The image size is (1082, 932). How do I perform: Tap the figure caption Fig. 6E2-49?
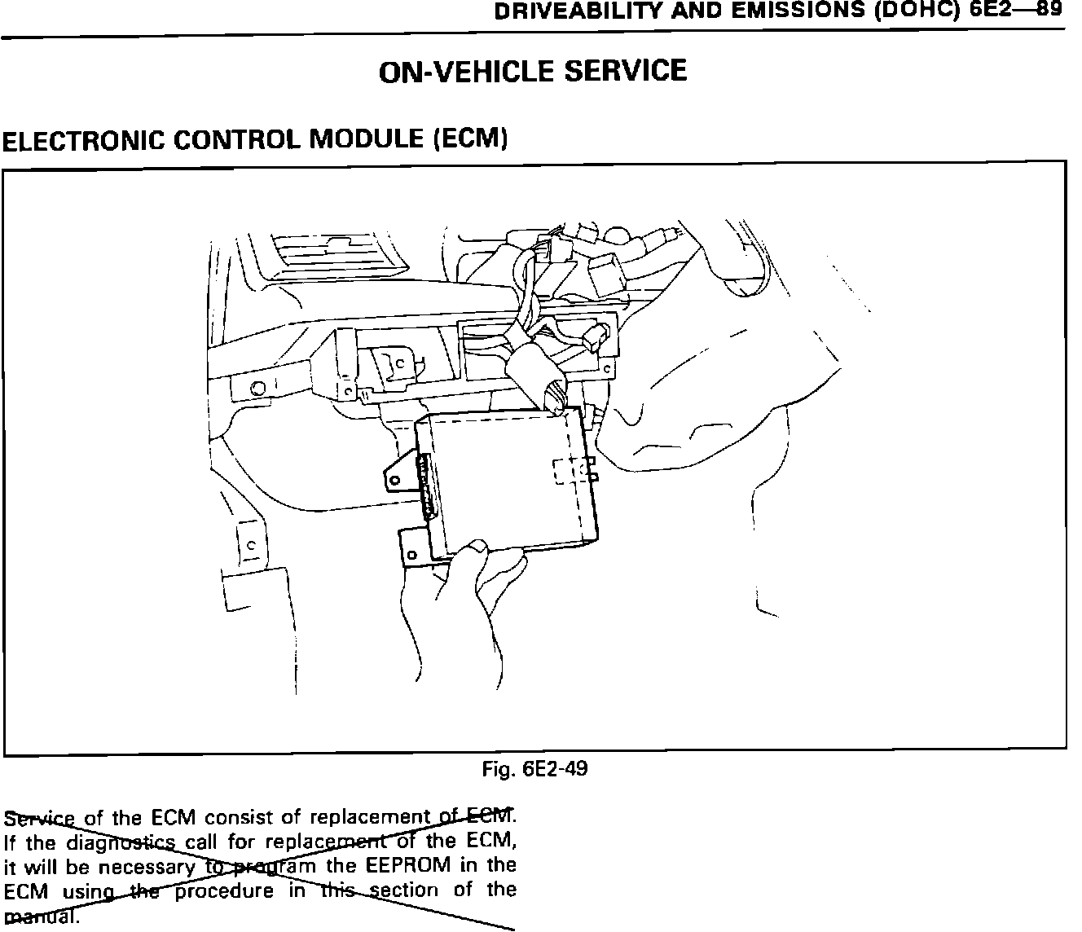pyautogui.click(x=534, y=768)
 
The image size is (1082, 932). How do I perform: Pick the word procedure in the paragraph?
pyautogui.click(x=225, y=890)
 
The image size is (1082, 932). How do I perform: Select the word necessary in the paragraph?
pyautogui.click(x=146, y=866)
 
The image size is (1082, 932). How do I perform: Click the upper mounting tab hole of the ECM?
pyautogui.click(x=394, y=481)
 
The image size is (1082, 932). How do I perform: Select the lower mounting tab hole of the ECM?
pyautogui.click(x=412, y=555)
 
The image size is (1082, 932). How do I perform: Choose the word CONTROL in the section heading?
pyautogui.click(x=237, y=141)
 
